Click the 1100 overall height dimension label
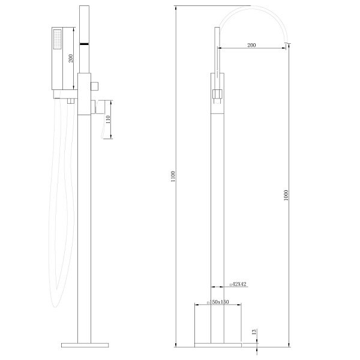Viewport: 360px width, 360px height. click(173, 176)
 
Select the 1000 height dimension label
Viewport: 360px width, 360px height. click(286, 195)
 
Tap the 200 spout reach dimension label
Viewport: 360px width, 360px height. click(251, 45)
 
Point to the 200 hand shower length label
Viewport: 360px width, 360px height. click(71, 58)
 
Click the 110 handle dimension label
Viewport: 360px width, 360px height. click(108, 119)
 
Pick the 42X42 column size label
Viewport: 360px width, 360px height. click(238, 284)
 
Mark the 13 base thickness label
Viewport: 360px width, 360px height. click(254, 332)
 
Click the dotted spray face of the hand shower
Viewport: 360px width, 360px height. click(58, 39)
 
